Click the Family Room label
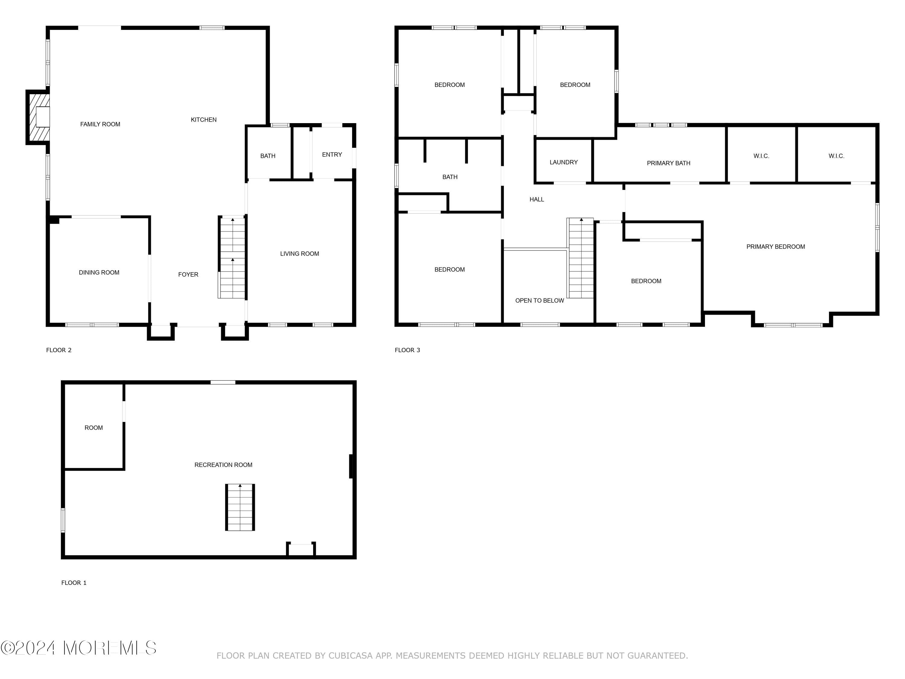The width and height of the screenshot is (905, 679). coord(100,124)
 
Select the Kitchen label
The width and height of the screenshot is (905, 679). coord(204,120)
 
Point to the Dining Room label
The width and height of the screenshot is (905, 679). coord(99,272)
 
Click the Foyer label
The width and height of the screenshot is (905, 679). coord(188,274)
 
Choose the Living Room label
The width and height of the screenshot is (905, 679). coord(300,253)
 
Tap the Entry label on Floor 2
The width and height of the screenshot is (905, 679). coord(332,154)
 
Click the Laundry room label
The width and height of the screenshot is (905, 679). coord(564,162)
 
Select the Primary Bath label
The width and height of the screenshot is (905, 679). coord(668,163)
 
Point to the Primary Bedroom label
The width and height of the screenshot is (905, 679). coord(776,246)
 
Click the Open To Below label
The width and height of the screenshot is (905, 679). coord(540,300)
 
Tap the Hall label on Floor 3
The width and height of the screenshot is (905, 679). coord(537,199)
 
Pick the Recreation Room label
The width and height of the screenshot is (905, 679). coord(224,464)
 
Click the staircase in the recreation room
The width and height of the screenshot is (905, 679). coord(240,508)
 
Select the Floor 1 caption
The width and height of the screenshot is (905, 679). coord(74,582)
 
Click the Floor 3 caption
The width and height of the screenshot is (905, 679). coord(408,350)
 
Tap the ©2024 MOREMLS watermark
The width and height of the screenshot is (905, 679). coord(78,648)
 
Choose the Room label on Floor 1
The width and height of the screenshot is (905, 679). coord(94,427)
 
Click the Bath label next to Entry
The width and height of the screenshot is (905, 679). coord(268,155)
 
